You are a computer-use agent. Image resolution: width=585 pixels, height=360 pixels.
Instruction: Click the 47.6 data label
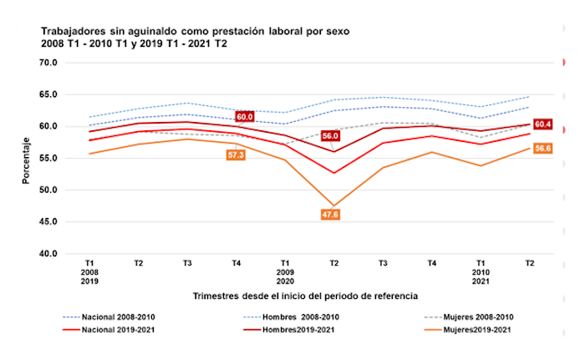tap(331, 215)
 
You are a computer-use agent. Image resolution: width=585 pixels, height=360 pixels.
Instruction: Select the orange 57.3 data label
tap(236, 155)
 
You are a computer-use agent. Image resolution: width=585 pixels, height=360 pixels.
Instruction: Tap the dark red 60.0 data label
tap(244, 118)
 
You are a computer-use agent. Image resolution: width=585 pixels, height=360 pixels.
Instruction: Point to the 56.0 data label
tap(330, 135)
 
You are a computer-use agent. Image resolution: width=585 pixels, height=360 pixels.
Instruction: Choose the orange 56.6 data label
tap(543, 149)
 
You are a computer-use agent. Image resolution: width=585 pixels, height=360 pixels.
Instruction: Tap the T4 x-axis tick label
tap(237, 264)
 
